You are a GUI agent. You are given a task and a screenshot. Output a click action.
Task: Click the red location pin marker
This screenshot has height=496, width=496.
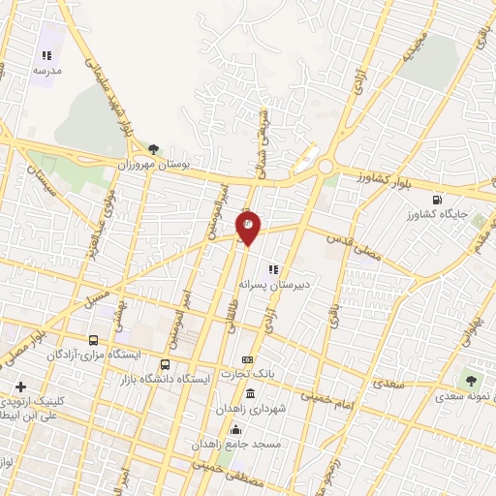248,228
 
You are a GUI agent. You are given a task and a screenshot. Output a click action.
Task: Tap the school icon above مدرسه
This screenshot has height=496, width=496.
46,57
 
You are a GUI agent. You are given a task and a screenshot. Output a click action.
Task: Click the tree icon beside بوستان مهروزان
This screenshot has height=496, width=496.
153,149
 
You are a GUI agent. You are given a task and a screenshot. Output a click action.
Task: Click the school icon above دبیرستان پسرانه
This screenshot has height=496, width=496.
274,269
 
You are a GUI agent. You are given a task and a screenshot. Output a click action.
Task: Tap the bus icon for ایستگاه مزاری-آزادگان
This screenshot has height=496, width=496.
93,340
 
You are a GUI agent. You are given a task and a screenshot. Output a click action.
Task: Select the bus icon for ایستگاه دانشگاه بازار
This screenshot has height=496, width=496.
165,365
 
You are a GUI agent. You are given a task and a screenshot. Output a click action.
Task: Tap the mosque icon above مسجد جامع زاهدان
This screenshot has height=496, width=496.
237,426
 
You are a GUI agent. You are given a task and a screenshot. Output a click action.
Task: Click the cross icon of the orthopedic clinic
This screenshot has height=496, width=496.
20,386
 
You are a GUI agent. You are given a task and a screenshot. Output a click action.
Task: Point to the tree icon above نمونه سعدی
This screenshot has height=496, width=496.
472,381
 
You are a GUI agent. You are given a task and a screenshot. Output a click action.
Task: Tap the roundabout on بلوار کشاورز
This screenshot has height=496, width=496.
325,167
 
